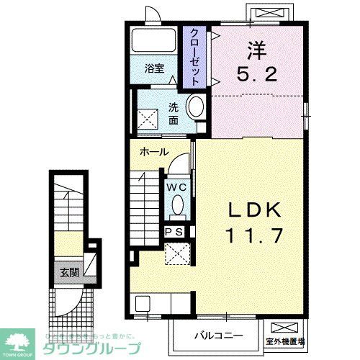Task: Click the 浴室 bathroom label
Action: [x=154, y=69]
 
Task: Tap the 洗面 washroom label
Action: [x=174, y=113]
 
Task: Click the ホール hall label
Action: [x=154, y=152]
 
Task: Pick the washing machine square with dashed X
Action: [x=149, y=116]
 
